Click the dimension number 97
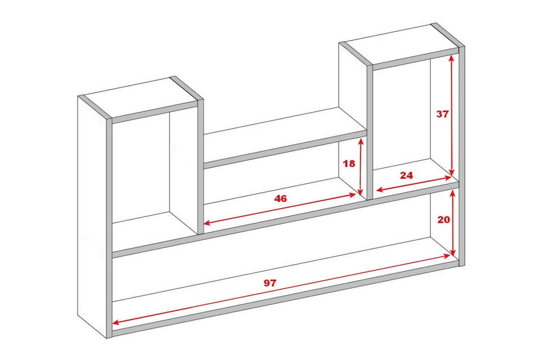[x=270, y=283]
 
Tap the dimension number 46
[x=281, y=198]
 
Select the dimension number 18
[x=349, y=164]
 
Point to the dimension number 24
[x=406, y=176]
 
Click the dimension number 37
[x=442, y=114]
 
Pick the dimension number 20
[x=443, y=220]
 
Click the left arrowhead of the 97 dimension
[x=115, y=323]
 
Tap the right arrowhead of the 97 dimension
[x=447, y=256]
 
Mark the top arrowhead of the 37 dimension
[x=451, y=59]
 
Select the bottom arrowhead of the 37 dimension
[x=451, y=172]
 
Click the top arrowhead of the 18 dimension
[x=361, y=141]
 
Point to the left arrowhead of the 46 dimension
[x=207, y=223]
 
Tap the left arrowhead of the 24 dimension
[x=380, y=190]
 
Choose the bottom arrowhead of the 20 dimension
[x=453, y=252]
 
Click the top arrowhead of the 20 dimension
[x=452, y=194]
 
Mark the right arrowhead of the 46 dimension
[x=352, y=195]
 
